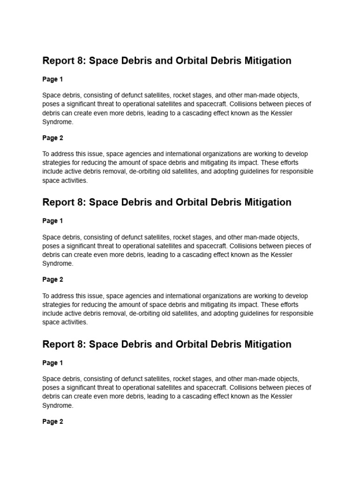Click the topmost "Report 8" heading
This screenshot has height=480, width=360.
point(166,60)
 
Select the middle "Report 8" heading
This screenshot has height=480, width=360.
point(166,202)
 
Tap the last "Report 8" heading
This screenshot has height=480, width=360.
point(166,344)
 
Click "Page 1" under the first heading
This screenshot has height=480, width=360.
point(52,79)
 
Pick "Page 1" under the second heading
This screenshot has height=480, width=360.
point(52,221)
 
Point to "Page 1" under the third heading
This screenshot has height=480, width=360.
point(52,363)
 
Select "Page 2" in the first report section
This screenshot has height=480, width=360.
point(52,138)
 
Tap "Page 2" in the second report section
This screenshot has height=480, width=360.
point(52,279)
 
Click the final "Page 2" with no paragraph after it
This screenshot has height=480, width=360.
point(52,421)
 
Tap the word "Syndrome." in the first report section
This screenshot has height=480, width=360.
point(58,122)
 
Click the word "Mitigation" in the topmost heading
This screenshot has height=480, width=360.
point(268,60)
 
